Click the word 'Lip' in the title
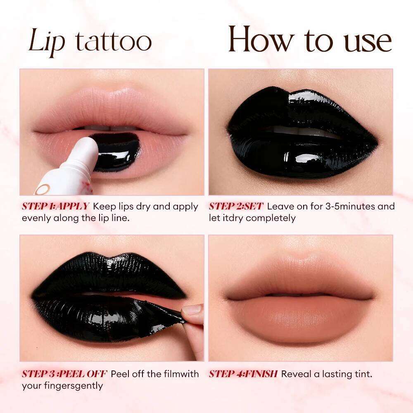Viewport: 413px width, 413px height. click(x=47, y=42)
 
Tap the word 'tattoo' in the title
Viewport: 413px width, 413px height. click(x=113, y=42)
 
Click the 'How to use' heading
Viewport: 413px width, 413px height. click(x=309, y=40)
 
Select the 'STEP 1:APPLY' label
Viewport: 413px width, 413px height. click(x=55, y=206)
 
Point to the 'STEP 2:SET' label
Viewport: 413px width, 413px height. click(x=236, y=206)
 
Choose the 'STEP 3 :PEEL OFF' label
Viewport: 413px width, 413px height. click(x=64, y=374)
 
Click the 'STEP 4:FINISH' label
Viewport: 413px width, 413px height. click(x=243, y=374)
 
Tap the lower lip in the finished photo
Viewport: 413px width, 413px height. click(x=300, y=318)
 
